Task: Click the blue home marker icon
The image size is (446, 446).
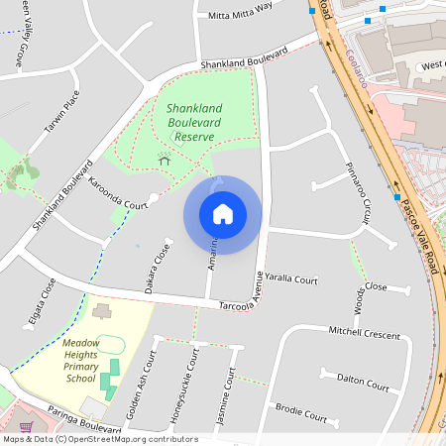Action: pyautogui.click(x=223, y=214)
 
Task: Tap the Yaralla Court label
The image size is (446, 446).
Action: pyautogui.click(x=291, y=280)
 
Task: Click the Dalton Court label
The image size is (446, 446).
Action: pyautogui.click(x=363, y=381)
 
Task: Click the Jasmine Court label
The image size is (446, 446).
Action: pyautogui.click(x=229, y=393)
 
